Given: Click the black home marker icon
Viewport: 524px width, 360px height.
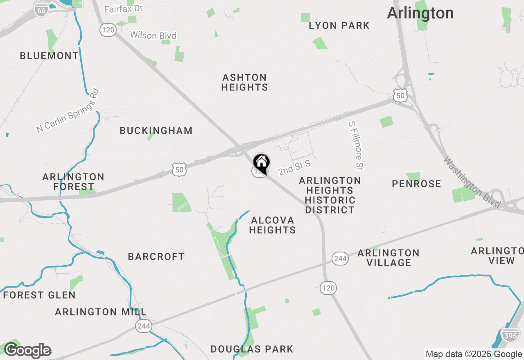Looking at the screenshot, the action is pos(261,162).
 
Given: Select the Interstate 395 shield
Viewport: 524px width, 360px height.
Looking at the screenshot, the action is pos(510,335).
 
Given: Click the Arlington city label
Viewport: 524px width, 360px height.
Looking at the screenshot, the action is pos(420,13).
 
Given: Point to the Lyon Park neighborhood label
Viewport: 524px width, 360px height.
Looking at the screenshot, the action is pos(339,26).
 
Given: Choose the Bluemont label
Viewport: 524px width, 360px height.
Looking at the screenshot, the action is pos(49,56).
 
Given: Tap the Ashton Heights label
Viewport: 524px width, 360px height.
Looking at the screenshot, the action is pos(245,82).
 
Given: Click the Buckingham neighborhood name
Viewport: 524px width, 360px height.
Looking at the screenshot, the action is pos(156,131).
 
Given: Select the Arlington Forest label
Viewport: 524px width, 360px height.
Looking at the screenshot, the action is pos(73,182).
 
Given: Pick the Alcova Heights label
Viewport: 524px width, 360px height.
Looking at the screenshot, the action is pos(272,225).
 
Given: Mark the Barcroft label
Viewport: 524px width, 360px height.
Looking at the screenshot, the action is pos(156,257).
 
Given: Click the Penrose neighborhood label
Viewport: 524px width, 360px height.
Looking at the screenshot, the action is pos(416,184).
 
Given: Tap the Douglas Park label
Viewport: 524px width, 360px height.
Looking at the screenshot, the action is pos(252,349).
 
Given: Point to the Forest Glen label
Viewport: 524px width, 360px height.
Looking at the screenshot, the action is pos(39,295).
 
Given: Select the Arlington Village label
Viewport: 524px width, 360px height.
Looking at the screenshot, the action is pos(388,258).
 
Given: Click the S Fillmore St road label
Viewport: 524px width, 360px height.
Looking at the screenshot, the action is pos(356,145).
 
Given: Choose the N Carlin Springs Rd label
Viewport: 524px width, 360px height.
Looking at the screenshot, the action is pos(68,110).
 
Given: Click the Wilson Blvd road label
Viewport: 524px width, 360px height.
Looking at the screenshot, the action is pos(153,36).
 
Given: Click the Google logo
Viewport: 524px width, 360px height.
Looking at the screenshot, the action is pos(27,351).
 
